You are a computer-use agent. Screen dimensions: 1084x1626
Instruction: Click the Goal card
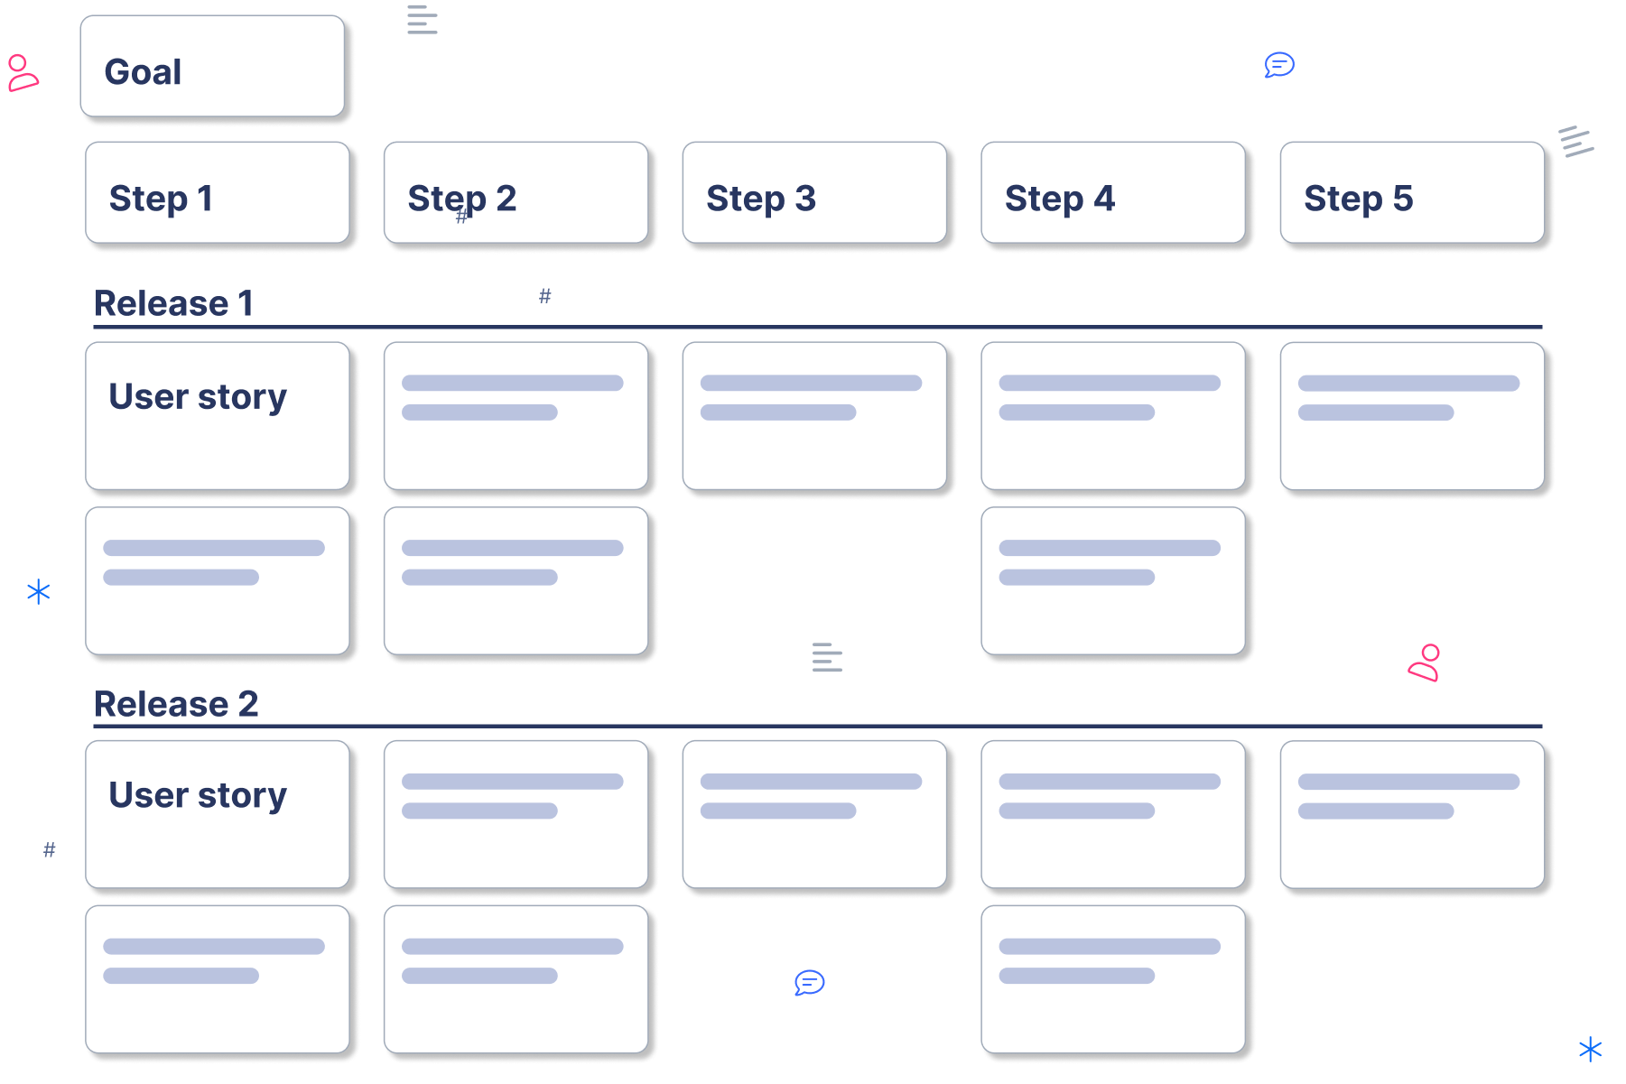(x=212, y=67)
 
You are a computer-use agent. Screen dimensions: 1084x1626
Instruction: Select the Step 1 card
(x=218, y=192)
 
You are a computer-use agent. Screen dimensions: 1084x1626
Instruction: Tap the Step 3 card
(x=814, y=192)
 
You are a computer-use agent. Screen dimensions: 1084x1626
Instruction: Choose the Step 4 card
(x=1113, y=192)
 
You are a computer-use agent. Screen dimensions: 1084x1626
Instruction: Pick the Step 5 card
(x=1412, y=192)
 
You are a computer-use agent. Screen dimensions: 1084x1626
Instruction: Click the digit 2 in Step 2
(x=506, y=198)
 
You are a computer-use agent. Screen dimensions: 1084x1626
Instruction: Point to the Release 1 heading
(x=173, y=303)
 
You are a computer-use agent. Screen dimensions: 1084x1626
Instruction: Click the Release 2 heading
(x=176, y=703)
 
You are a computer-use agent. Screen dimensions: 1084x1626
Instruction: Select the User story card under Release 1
(x=218, y=416)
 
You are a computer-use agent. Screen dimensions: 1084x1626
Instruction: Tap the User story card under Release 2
(x=218, y=814)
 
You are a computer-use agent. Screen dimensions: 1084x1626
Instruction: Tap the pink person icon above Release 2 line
(x=1425, y=662)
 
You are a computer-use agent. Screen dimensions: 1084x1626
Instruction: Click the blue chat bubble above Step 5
(x=1279, y=65)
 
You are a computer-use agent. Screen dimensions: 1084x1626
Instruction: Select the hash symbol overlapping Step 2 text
(x=462, y=216)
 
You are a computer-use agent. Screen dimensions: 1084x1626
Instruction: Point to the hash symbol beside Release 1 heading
(x=545, y=296)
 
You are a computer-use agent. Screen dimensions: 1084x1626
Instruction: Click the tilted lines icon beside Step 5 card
(x=1575, y=141)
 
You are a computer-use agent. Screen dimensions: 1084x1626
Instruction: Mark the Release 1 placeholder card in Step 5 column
(x=1412, y=416)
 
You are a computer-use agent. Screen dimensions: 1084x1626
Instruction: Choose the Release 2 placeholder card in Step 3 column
(x=814, y=814)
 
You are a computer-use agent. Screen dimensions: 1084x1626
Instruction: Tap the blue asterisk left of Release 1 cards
(x=38, y=591)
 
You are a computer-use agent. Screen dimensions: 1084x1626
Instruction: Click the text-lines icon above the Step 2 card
(x=422, y=19)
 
